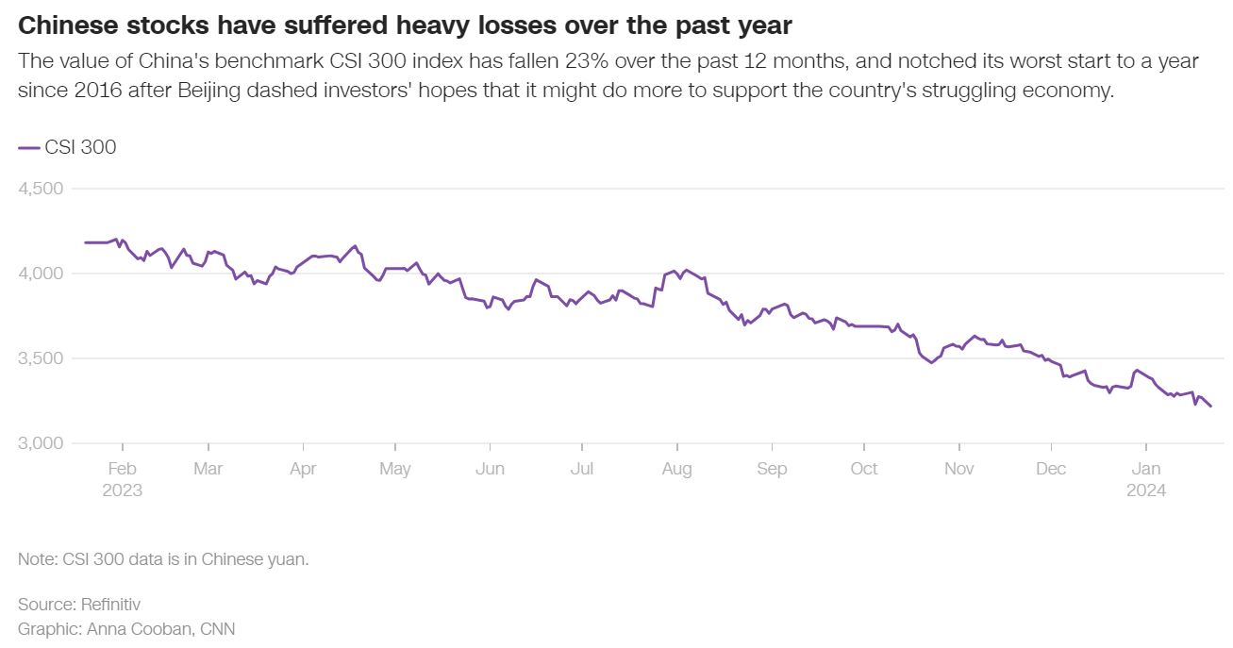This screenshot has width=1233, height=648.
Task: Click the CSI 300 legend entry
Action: pos(68,147)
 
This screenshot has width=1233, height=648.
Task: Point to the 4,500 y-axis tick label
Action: pos(41,189)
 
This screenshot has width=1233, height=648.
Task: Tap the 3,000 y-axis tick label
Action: pos(41,443)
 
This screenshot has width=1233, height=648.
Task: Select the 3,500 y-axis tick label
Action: pos(41,358)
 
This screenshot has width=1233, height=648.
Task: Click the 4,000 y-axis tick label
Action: pos(41,274)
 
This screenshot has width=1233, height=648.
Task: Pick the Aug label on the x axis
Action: pos(676,469)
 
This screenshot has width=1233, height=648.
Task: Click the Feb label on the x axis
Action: pos(122,469)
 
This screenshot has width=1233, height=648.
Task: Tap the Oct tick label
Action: pos(863,469)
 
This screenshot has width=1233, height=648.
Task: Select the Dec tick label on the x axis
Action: pos(1051,469)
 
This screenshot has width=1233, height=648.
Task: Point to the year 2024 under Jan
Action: pos(1146,490)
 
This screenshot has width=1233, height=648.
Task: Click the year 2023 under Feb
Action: pos(122,490)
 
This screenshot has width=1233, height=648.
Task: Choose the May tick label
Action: pos(394,469)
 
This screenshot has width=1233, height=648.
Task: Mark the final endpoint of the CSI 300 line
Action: pos(1210,406)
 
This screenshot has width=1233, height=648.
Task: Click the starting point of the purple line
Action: pos(85,242)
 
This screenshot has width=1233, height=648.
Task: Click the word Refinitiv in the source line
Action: pos(110,604)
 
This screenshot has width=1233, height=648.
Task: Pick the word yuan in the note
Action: pos(289,559)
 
